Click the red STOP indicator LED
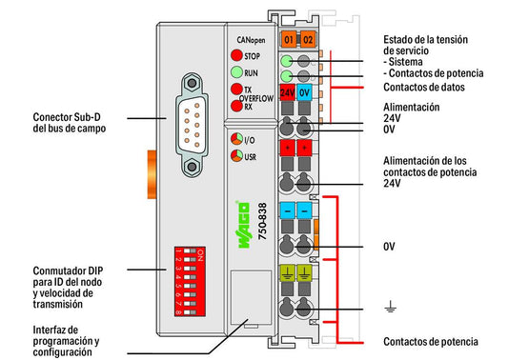point(236,55)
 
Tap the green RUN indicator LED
point(236,72)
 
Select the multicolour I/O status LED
point(236,139)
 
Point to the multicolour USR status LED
point(236,156)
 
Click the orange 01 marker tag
point(289,39)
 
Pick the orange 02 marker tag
point(308,39)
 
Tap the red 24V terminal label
point(288,92)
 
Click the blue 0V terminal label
point(304,92)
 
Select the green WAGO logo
point(244,225)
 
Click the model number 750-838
point(262,221)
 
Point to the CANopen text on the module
point(251,40)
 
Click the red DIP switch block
point(190,281)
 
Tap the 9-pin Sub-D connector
point(193,125)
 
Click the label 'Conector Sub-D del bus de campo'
point(70,123)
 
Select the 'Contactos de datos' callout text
point(424,87)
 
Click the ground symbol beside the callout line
point(390,306)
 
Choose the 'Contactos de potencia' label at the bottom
point(431,342)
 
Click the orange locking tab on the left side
point(152,174)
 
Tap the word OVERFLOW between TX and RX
point(256,98)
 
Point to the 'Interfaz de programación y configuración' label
point(66,341)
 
